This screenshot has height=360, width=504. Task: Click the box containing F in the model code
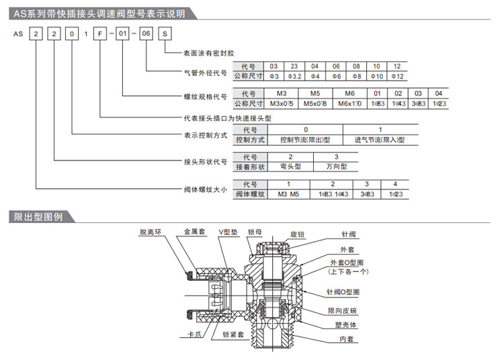pyautogui.click(x=99, y=34)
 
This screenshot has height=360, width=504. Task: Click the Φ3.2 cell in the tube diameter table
pyautogui.click(x=294, y=77)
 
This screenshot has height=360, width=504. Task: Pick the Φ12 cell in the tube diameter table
pyautogui.click(x=397, y=77)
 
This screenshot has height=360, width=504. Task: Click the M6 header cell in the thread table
pyautogui.click(x=349, y=93)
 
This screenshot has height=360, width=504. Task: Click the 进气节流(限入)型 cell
pyautogui.click(x=380, y=140)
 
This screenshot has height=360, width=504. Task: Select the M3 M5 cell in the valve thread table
pyautogui.click(x=288, y=194)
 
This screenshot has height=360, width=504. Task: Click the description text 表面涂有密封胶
pyautogui.click(x=209, y=53)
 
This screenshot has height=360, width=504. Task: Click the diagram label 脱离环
pyautogui.click(x=151, y=232)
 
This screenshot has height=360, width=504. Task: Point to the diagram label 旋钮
pyautogui.click(x=298, y=234)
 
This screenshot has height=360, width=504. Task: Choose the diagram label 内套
pyautogui.click(x=347, y=340)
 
